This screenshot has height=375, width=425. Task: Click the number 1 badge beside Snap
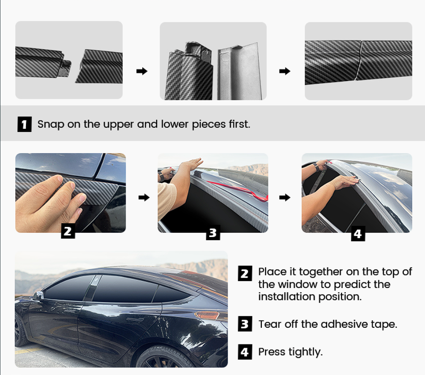[25, 124]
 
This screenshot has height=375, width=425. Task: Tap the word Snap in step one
[51, 125]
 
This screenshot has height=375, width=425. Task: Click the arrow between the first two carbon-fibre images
[142, 71]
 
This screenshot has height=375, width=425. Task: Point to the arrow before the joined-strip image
[285, 71]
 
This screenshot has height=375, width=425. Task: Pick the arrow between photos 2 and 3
[144, 197]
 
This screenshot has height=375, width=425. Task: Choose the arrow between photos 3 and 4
[285, 197]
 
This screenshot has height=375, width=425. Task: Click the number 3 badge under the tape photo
[213, 232]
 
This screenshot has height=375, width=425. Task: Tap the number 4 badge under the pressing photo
[358, 234]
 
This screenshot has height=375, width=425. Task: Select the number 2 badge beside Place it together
[245, 274]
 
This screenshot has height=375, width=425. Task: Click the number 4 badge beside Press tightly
[245, 352]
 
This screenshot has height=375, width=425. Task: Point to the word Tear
[270, 324]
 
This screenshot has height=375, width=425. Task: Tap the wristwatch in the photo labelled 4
[316, 167]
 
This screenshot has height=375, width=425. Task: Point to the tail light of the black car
[207, 315]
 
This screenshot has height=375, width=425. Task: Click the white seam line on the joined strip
[359, 61]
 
